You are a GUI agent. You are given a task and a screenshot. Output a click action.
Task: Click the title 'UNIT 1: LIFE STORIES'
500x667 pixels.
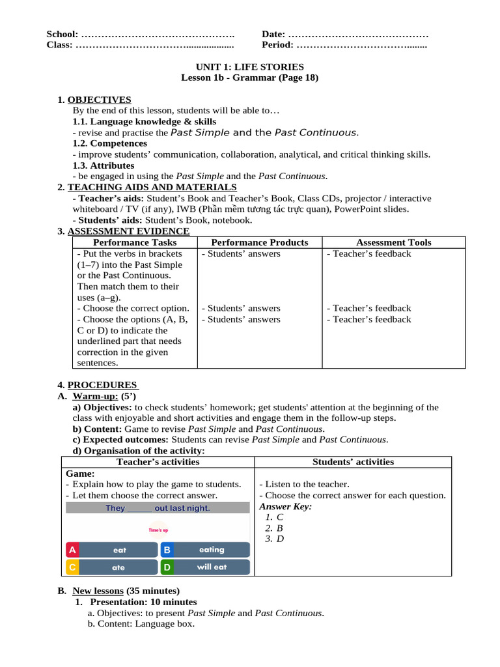point(250,66)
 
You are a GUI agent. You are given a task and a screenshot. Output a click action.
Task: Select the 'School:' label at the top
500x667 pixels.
point(62,34)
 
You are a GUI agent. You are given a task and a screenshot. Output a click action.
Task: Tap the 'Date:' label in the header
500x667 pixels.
point(273,34)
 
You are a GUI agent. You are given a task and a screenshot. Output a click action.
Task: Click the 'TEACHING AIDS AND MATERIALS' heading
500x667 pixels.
point(152,188)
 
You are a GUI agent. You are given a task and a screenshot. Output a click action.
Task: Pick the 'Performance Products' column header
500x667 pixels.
point(260,242)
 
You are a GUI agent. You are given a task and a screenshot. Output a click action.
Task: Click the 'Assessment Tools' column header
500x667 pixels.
point(393,242)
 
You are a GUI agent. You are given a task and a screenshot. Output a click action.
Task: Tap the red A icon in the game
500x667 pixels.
point(72,550)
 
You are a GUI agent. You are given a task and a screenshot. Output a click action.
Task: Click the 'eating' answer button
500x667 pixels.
point(212,550)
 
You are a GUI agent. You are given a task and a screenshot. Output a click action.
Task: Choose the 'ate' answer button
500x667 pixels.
point(118,567)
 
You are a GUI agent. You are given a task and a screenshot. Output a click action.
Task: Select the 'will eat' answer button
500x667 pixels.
point(212,567)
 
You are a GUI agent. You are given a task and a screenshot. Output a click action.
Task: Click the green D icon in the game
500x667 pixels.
point(167,567)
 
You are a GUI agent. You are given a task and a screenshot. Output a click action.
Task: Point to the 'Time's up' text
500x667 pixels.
point(158,530)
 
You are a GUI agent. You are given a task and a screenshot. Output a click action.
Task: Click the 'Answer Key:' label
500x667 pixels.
point(285,506)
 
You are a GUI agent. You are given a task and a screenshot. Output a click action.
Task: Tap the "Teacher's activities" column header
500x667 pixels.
point(158,462)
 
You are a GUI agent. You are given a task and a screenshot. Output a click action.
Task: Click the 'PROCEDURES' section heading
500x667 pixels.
point(102,385)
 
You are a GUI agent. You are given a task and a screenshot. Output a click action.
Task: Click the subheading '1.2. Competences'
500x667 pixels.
point(109,143)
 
